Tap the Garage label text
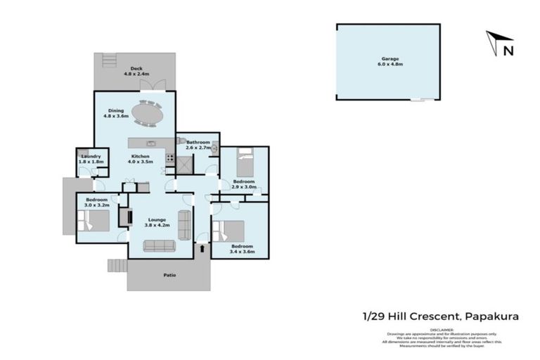(391, 58)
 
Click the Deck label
(135, 69)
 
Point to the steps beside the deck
(108, 60)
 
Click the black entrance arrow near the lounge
(203, 247)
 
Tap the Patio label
(169, 275)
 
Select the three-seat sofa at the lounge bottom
(159, 245)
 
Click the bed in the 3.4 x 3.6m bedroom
(230, 232)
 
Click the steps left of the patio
(117, 265)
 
